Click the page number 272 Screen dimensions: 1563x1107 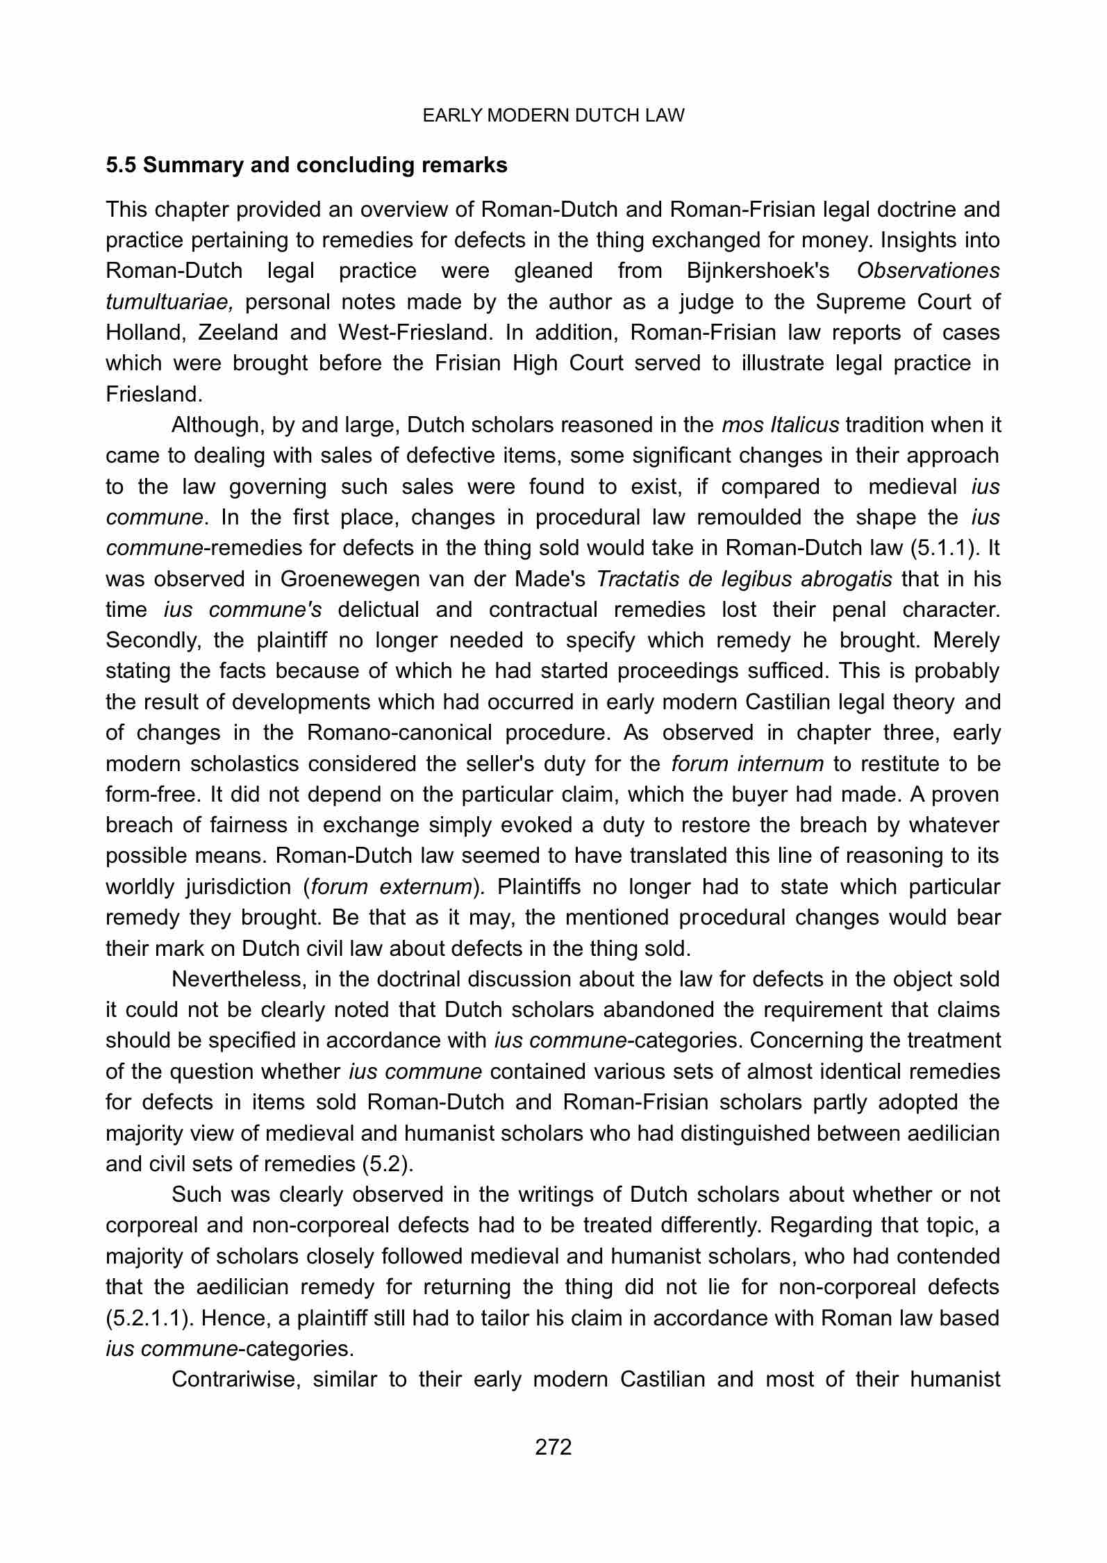pyautogui.click(x=553, y=1447)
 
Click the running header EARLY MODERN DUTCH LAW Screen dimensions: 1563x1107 pyautogui.click(x=553, y=116)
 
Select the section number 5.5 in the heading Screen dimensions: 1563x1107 pyautogui.click(x=121, y=165)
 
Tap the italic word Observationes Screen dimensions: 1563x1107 pyautogui.click(x=928, y=271)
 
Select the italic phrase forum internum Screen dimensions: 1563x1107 pyautogui.click(x=747, y=763)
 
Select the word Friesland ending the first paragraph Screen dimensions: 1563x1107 pyautogui.click(x=153, y=395)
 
